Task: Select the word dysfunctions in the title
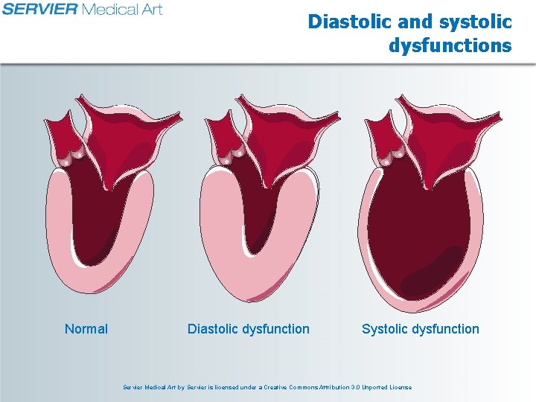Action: [x=450, y=46]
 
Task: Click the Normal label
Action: [x=86, y=329]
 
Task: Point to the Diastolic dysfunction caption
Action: [x=248, y=329]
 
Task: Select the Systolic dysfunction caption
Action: [x=421, y=329]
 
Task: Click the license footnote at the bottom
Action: [x=267, y=387]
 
